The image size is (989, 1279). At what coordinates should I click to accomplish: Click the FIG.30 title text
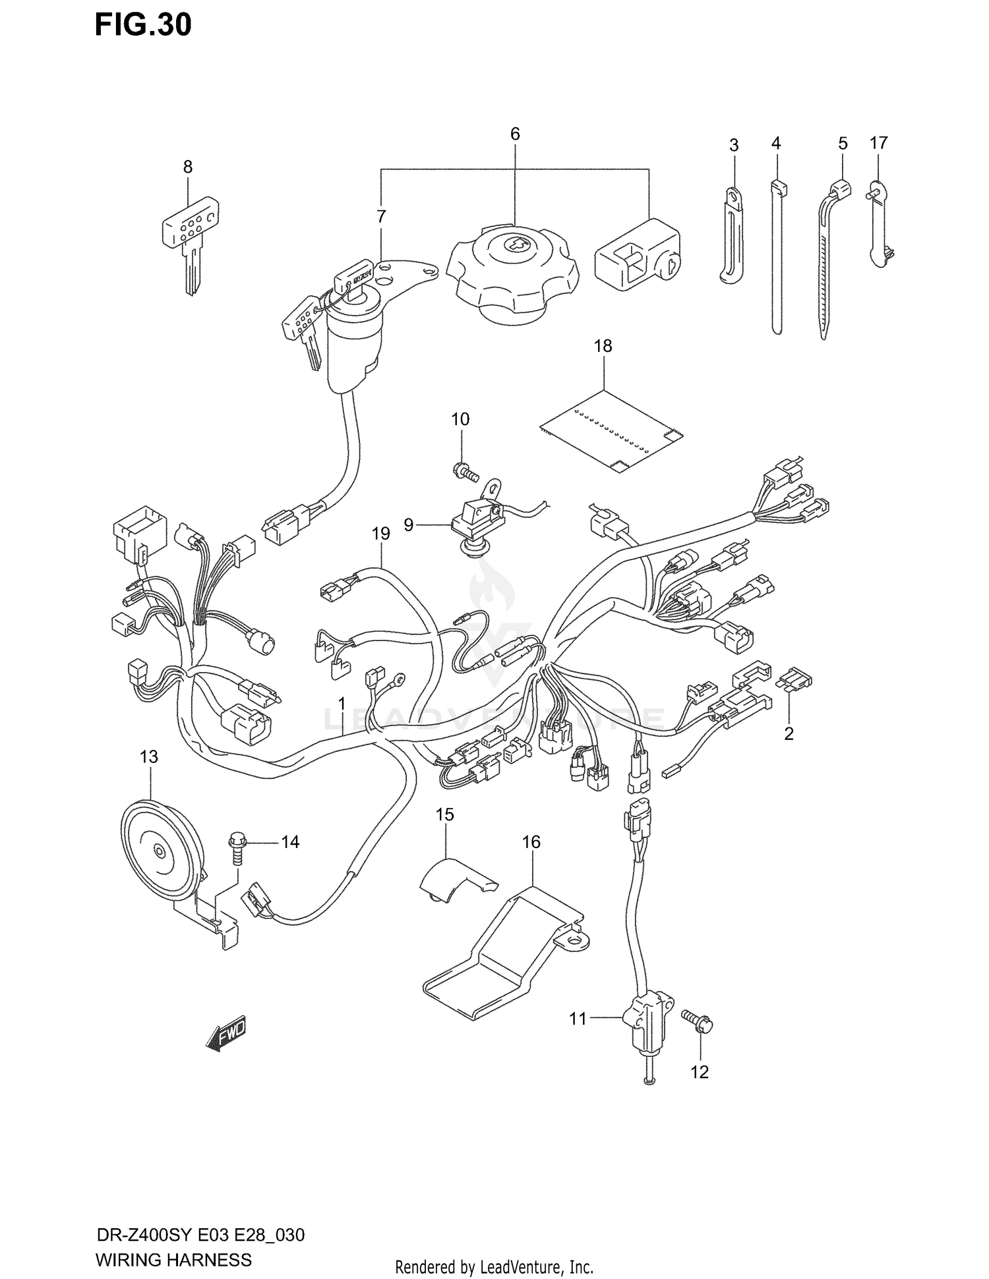(x=143, y=25)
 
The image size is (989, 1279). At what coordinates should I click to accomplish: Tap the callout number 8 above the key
(x=188, y=167)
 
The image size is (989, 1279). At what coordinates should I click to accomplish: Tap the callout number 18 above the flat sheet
(x=603, y=346)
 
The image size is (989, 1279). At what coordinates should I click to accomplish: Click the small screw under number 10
(x=464, y=470)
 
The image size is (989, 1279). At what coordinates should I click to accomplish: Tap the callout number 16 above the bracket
(x=531, y=842)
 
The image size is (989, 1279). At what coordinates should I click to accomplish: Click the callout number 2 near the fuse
(x=789, y=733)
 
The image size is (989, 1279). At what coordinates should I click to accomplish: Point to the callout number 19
(x=380, y=534)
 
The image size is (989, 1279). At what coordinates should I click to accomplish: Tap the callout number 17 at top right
(x=878, y=143)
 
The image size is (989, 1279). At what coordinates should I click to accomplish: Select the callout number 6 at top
(x=515, y=134)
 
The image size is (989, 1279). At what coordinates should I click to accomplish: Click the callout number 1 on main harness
(x=342, y=704)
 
